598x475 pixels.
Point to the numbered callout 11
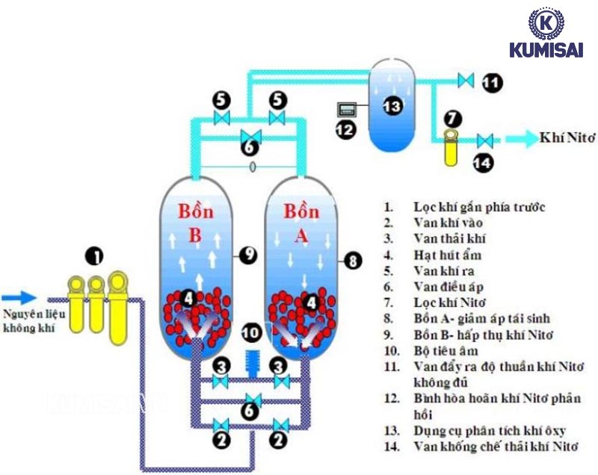(491, 81)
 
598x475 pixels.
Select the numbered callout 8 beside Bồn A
(353, 261)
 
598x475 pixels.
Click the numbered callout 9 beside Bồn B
(248, 254)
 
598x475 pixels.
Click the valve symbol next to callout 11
(466, 80)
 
